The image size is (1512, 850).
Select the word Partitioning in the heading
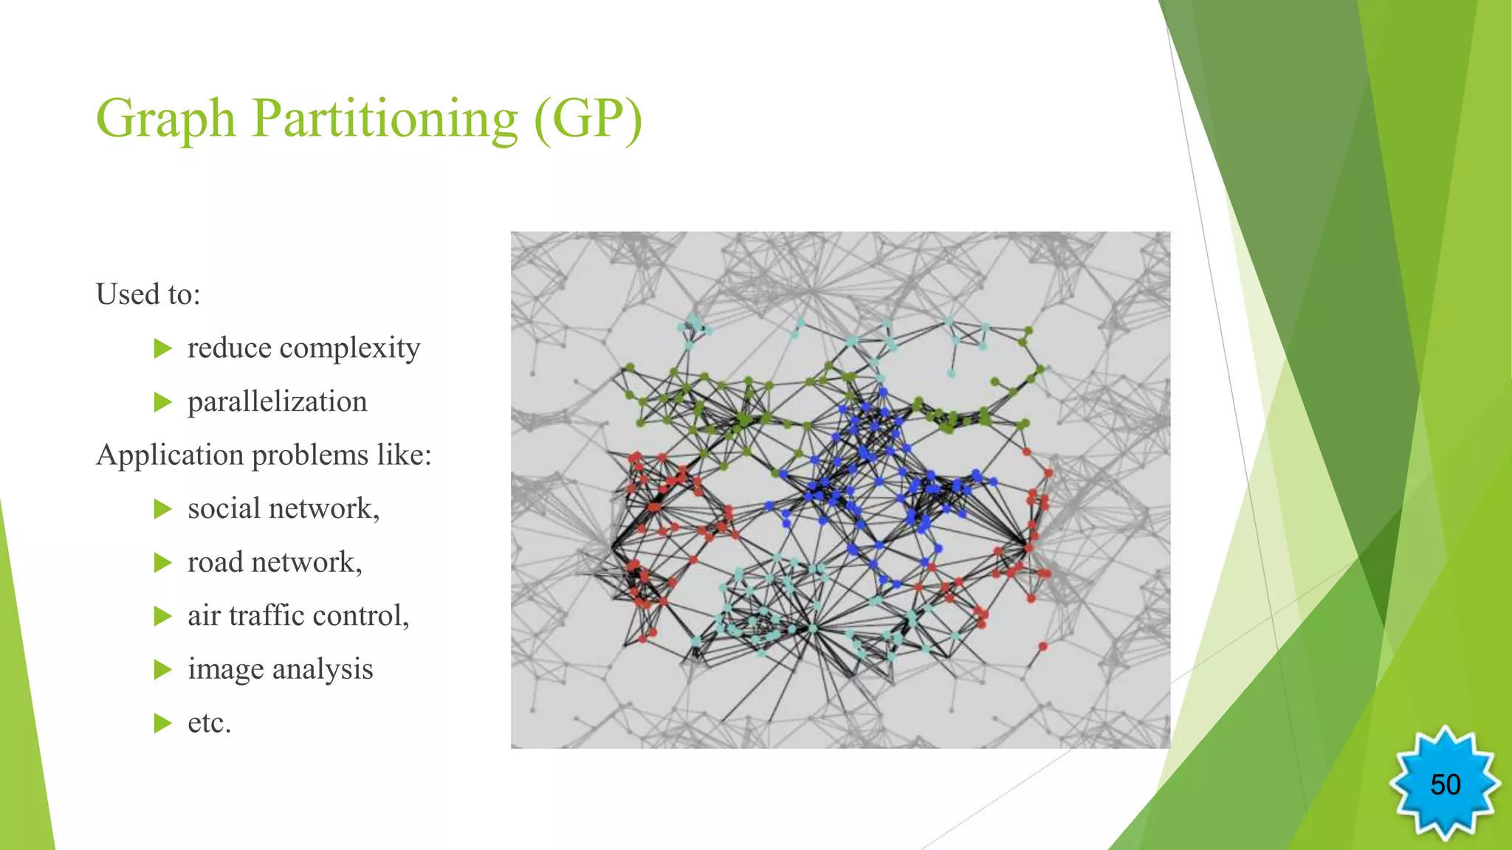[385, 119]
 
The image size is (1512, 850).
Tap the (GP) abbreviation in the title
[588, 119]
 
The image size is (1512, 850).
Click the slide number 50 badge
[1445, 784]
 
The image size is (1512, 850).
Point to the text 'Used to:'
[148, 294]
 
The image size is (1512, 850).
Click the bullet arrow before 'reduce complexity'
[162, 348]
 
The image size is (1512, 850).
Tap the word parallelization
[277, 402]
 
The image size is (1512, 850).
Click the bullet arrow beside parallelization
[162, 402]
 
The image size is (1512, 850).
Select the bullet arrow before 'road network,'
[162, 563]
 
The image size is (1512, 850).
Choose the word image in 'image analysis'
[225, 669]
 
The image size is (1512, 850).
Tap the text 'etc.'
[210, 723]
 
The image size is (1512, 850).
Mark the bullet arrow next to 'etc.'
[162, 723]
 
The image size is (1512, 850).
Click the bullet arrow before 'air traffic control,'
[162, 616]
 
